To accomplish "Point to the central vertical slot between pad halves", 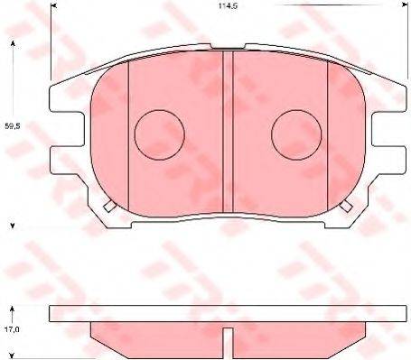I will coord(228,126).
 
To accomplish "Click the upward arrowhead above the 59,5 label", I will coord(12,42).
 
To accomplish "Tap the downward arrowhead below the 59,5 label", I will coord(12,224).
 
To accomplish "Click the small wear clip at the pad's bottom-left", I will coord(110,206).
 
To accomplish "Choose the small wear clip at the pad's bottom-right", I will coord(345,206).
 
